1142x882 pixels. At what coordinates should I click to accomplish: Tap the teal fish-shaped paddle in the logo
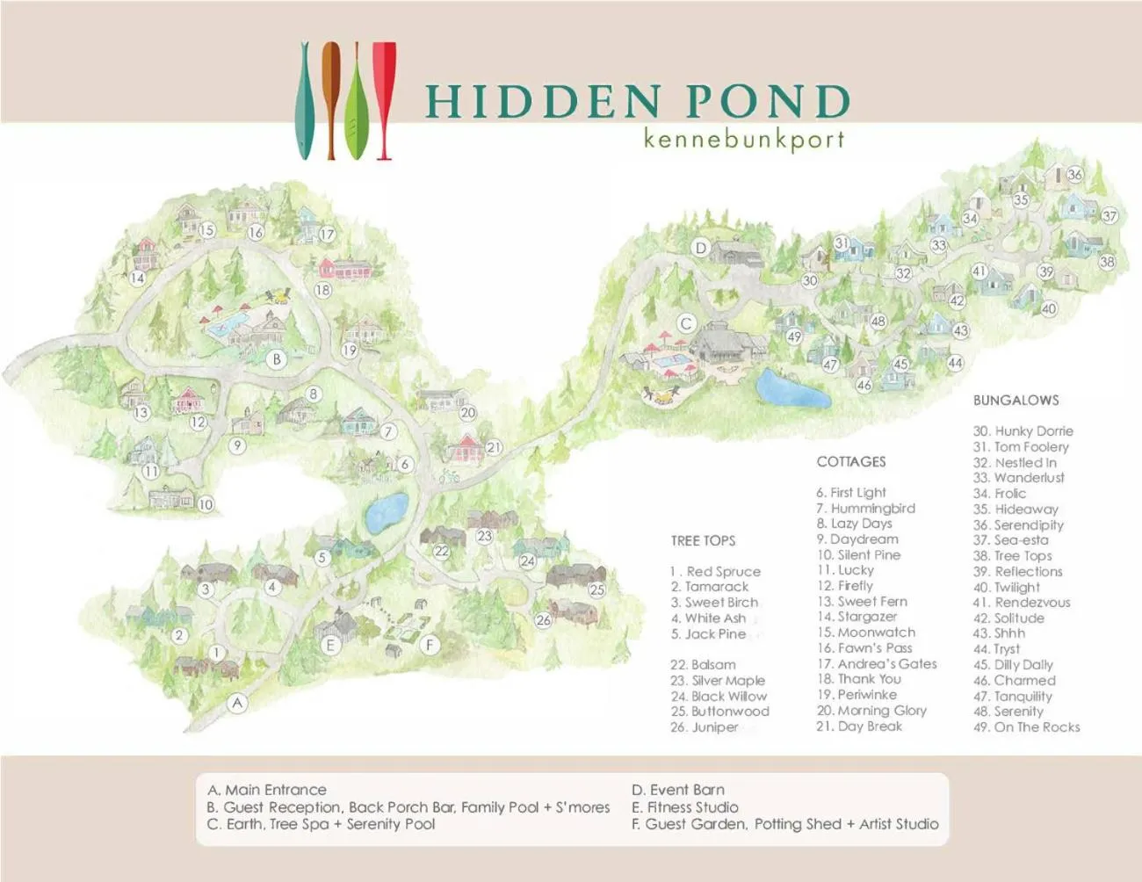(x=304, y=101)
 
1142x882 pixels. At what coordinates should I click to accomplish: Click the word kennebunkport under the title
(x=743, y=140)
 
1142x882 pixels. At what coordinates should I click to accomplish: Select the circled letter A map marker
(x=237, y=703)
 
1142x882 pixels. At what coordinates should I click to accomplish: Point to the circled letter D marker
(x=700, y=248)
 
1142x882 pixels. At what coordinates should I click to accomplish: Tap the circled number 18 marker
(x=322, y=290)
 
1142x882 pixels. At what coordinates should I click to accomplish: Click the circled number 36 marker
(x=1074, y=174)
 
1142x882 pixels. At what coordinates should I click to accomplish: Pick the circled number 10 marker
(x=206, y=504)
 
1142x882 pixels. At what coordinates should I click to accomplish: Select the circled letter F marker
(x=430, y=645)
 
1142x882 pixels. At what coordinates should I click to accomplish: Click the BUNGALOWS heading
(x=1016, y=401)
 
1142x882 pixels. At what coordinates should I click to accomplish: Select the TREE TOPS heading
(x=703, y=541)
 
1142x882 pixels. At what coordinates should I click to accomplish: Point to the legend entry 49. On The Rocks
(x=1026, y=727)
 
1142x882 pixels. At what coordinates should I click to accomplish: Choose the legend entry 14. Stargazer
(x=856, y=617)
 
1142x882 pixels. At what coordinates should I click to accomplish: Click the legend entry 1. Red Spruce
(x=716, y=572)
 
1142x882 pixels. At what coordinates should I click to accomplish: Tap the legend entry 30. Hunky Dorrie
(x=1023, y=431)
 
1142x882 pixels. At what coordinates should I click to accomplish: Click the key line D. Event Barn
(x=678, y=790)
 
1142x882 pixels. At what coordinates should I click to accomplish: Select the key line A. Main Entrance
(x=267, y=790)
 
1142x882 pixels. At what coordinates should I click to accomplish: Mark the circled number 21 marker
(x=494, y=447)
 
